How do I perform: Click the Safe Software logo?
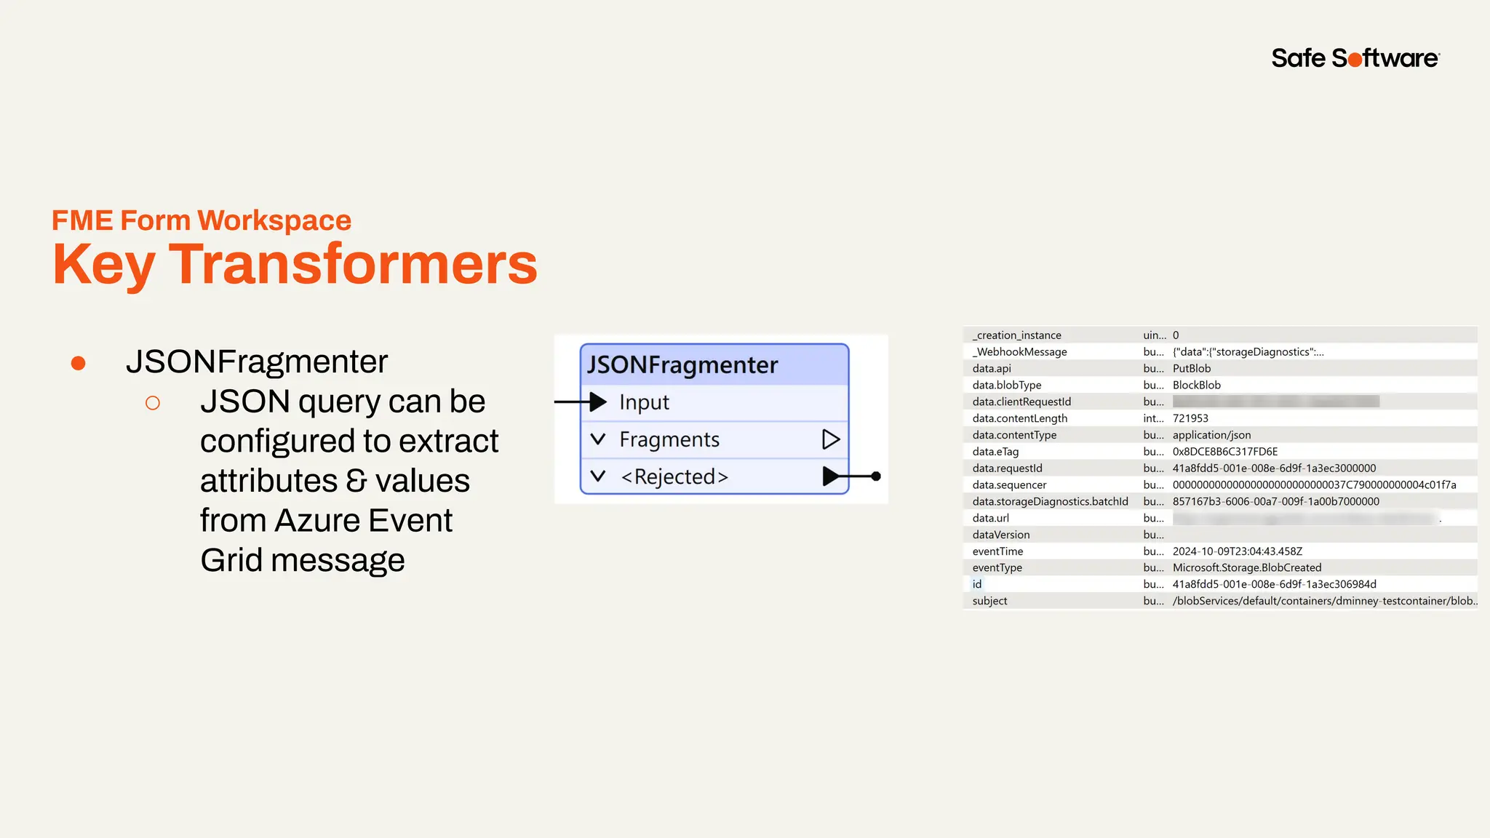click(1355, 58)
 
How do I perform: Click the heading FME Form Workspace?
click(202, 220)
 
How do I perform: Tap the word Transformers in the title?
click(353, 264)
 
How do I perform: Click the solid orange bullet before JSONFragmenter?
click(79, 363)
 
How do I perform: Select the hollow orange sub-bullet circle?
click(153, 403)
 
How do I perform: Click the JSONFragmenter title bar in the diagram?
click(714, 364)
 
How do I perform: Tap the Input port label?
click(644, 402)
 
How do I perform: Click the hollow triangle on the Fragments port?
click(830, 439)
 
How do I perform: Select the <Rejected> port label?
click(674, 477)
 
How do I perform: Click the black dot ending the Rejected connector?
click(876, 476)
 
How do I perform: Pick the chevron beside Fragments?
click(598, 439)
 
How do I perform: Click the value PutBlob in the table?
click(1192, 369)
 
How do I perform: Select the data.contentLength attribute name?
click(1019, 418)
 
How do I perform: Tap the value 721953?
click(1190, 418)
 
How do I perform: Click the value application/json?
click(1211, 435)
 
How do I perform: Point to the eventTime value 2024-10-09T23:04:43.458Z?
click(1237, 551)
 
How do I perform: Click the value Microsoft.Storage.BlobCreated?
click(1246, 568)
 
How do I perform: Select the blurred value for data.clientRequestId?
click(1275, 402)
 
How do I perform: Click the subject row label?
click(989, 601)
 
